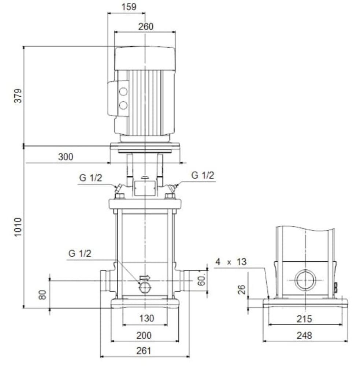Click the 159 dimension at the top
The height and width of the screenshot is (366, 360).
pos(129,7)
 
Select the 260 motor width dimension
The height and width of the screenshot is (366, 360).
pos(146,27)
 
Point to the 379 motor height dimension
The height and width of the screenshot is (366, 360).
pos(18,96)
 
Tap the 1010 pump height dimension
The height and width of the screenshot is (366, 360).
pos(18,227)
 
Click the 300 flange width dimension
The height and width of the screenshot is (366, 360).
pos(66,157)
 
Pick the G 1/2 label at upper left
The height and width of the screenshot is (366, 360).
pos(91,178)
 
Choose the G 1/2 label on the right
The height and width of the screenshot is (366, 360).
pos(203,175)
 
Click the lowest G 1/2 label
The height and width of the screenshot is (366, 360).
pos(80,254)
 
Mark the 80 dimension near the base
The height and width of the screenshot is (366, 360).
pos(42,295)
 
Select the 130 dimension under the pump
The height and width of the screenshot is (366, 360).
pos(146,318)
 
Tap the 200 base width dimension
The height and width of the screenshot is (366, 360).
pos(144,335)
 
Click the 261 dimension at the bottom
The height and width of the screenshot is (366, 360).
pos(144,351)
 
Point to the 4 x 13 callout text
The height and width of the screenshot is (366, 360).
pos(231,262)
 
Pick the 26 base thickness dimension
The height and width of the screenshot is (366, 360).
pos(242,290)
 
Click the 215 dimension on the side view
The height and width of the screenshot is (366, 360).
pos(304,319)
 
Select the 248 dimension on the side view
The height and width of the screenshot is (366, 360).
pos(304,336)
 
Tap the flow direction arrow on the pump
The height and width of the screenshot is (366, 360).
pos(145,277)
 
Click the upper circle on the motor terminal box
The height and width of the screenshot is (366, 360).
pos(123,92)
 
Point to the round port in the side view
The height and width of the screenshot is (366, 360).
pos(305,280)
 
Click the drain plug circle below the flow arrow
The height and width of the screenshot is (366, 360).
pos(145,287)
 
